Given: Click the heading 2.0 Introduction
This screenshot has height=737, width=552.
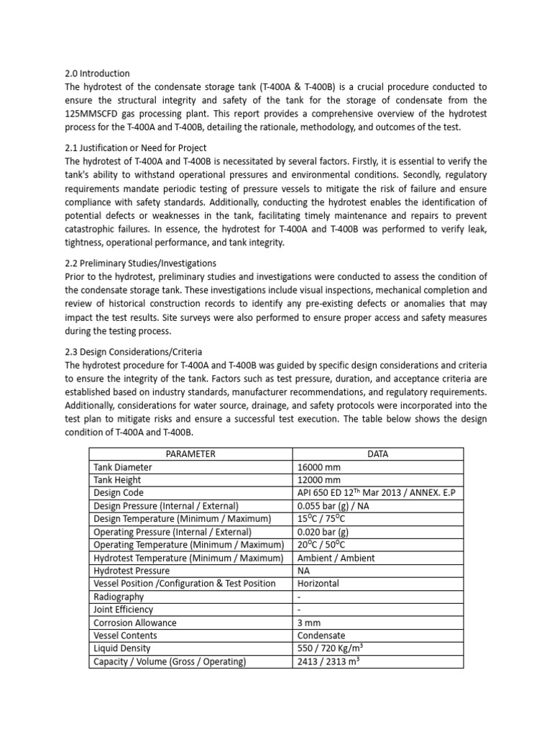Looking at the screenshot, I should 97,73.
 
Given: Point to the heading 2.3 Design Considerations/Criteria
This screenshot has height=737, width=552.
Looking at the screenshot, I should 134,351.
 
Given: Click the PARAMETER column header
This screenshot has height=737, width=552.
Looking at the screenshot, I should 190,453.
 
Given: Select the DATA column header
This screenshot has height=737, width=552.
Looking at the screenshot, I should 377,453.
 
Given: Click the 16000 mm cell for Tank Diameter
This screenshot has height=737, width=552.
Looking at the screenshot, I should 321,466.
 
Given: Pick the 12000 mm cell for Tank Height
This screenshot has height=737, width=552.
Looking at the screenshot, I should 321,479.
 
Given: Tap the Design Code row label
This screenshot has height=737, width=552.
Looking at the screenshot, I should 119,492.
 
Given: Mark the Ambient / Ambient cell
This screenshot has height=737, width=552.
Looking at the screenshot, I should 336,557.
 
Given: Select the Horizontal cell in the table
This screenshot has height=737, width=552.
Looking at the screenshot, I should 318,583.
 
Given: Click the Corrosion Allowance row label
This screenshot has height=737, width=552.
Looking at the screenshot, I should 135,622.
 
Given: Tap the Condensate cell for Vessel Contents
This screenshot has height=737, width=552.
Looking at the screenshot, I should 321,635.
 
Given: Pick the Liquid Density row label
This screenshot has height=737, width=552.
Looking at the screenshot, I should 122,648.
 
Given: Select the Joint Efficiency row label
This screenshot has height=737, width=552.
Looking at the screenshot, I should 124,609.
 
